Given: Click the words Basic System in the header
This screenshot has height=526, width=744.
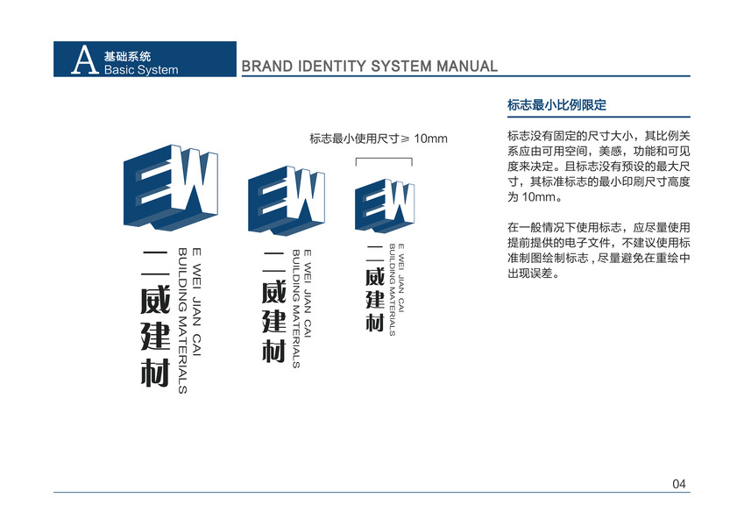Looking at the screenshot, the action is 141,70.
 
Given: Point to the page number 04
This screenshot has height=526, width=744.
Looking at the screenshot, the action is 679,484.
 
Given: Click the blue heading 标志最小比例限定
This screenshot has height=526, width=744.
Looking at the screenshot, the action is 557,105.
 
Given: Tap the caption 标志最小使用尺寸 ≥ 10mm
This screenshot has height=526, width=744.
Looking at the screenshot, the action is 378,139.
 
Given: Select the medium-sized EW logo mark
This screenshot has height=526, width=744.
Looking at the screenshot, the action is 285,198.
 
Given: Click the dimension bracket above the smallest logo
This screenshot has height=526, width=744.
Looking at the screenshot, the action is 383,160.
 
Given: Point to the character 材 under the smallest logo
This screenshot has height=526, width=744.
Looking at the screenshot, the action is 375,323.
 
